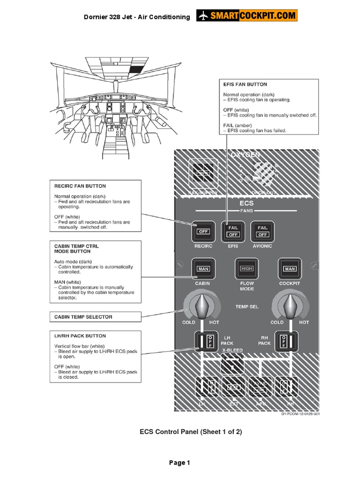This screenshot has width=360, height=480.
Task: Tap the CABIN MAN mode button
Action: (203, 269)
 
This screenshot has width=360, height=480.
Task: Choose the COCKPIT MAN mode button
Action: (290, 269)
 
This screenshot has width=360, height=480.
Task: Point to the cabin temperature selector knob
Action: (203, 306)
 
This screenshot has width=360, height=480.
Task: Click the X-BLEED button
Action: (232, 364)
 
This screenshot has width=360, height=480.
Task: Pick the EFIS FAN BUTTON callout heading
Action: (245, 84)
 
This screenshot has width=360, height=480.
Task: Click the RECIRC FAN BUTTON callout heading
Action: (80, 186)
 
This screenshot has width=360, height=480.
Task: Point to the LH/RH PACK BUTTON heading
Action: (80, 336)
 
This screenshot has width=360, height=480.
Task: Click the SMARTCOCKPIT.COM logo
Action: (247, 16)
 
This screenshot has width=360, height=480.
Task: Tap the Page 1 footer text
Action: (180, 463)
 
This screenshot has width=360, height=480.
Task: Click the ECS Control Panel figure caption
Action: (191, 432)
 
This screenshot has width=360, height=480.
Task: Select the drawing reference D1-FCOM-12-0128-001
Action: (300, 414)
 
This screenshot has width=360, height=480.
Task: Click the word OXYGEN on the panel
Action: (245, 155)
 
